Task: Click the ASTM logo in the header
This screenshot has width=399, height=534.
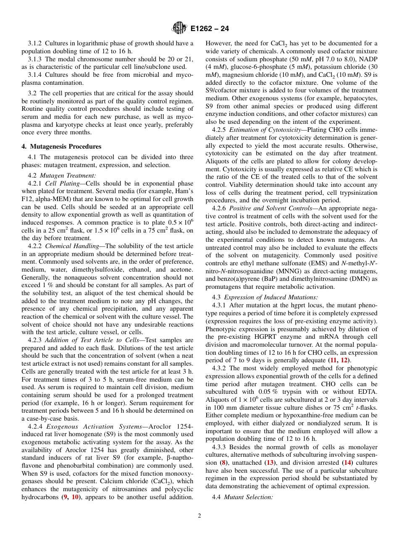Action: [x=179, y=29]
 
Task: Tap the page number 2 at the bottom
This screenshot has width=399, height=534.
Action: [x=199, y=516]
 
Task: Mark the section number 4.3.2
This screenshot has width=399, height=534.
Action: [x=220, y=368]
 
